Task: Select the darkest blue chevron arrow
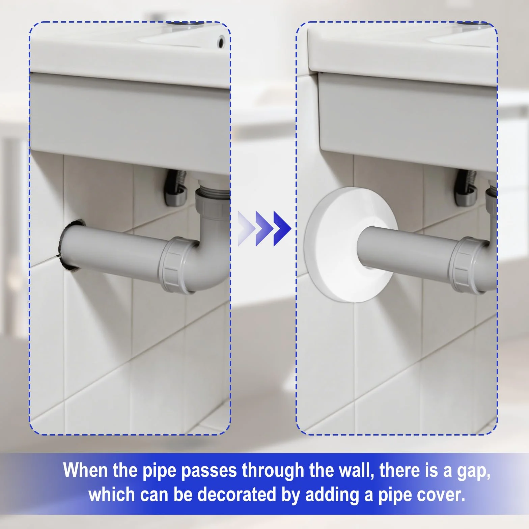[x=282, y=228]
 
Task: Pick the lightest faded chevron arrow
[x=246, y=228]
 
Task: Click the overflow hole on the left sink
[x=221, y=41]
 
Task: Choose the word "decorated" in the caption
[x=237, y=495]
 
